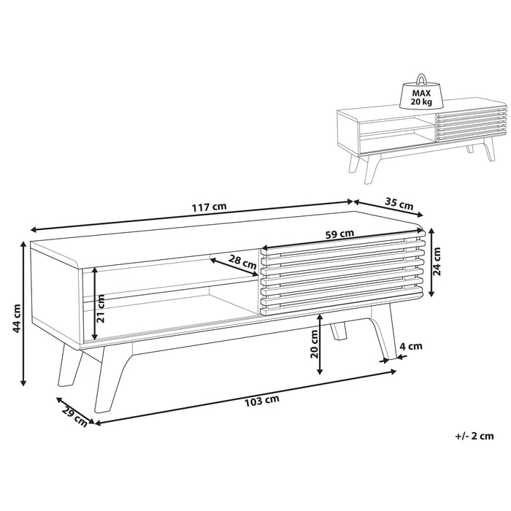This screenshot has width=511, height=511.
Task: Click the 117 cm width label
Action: [x=209, y=207]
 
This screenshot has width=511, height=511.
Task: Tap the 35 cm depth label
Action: [x=399, y=204]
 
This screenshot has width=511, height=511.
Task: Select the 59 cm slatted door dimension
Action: [x=340, y=234]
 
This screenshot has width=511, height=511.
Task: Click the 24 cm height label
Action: [x=437, y=261]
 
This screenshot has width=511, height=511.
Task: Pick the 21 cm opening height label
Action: [x=101, y=309]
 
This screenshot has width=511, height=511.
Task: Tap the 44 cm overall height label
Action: [x=15, y=319]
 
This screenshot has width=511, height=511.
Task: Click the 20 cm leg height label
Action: [x=314, y=344]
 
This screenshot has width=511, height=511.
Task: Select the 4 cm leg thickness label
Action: [x=411, y=346]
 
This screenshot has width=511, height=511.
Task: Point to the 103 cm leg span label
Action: [x=262, y=400]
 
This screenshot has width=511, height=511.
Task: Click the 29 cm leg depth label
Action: [x=74, y=417]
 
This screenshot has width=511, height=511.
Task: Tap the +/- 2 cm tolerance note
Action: [x=474, y=436]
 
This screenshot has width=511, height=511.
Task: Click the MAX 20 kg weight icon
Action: [x=421, y=92]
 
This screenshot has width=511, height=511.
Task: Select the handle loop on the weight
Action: [x=421, y=79]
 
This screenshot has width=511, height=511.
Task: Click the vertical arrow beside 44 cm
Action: [x=23, y=313]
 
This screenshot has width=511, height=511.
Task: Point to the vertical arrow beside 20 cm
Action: [x=320, y=344]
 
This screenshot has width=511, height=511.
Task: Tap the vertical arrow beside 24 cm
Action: [x=431, y=263]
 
